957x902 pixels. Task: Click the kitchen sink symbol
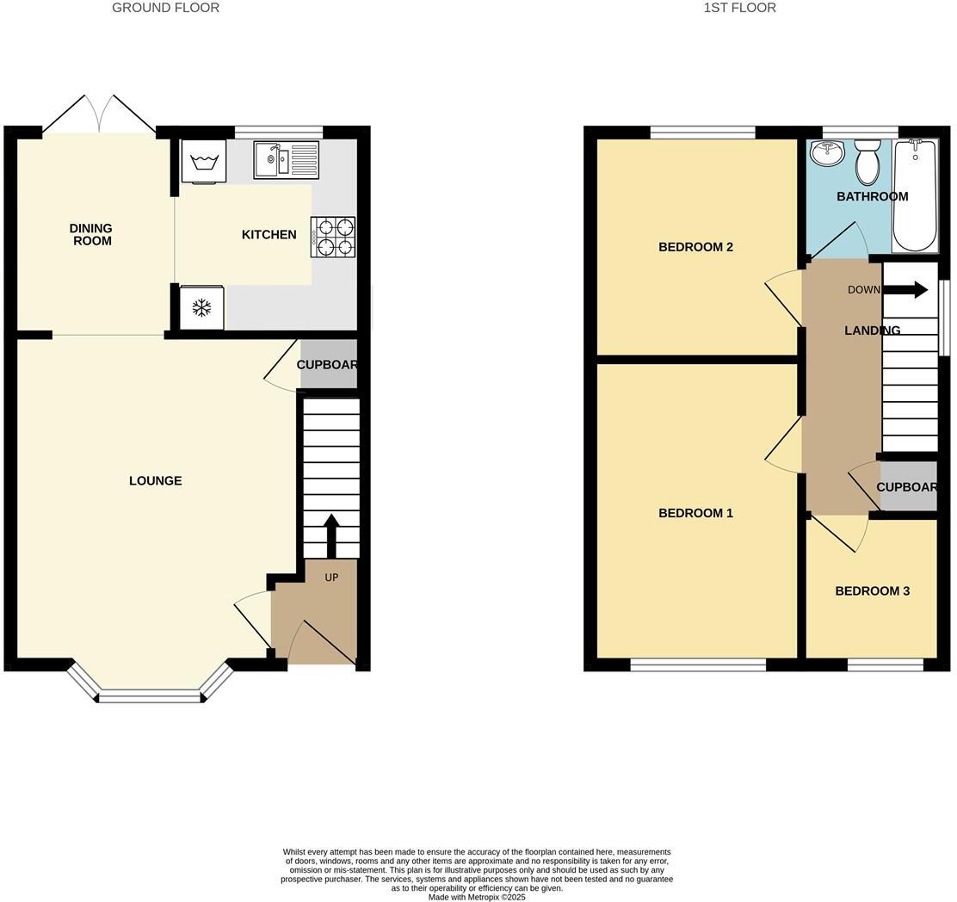point(286,160)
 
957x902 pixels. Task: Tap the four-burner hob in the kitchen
point(333,237)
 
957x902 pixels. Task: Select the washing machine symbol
point(204,161)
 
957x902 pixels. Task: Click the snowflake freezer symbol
point(202,307)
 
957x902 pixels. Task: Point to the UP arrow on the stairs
point(331,534)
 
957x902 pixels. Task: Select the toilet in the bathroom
point(867,162)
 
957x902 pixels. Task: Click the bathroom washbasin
point(828,155)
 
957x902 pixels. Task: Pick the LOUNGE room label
point(156,481)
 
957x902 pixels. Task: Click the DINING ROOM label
point(91,235)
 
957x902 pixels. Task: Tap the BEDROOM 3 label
point(872,591)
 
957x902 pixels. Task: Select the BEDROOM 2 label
point(695,247)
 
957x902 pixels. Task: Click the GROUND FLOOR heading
point(165,8)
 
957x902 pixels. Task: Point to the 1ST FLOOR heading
point(739,8)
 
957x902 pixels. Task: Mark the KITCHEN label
point(269,235)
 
